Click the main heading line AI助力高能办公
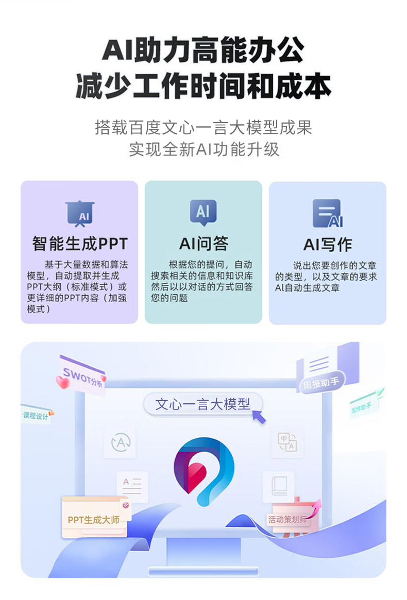203,51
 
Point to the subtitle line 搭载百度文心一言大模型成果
203,127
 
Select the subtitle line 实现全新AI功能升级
203,149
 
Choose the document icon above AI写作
327,213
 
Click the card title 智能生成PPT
79,244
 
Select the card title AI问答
203,244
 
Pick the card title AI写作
327,245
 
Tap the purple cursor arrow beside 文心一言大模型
259,416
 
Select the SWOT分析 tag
82,374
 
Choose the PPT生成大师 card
94,519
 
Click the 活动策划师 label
287,519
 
